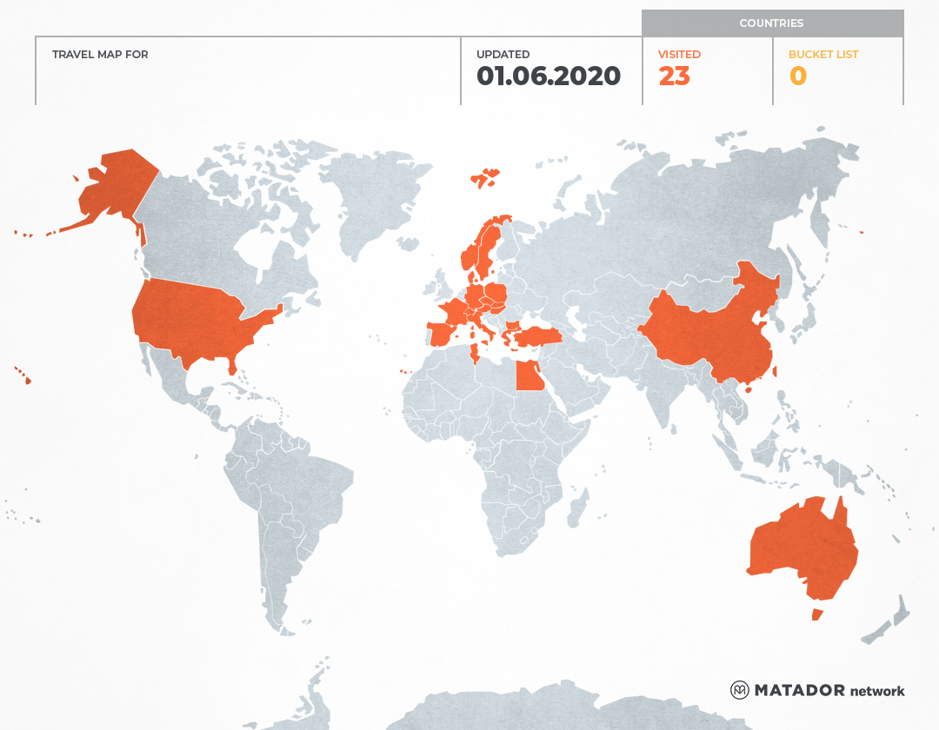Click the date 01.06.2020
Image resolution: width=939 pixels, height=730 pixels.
coord(548,76)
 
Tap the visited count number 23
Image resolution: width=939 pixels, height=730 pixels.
coord(674,76)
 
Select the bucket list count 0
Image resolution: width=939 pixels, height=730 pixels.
coord(797,76)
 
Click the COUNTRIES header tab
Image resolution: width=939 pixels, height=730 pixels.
coord(771,23)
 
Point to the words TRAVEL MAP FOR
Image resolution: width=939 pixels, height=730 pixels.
coord(100,55)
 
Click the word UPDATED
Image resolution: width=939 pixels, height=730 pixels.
coord(503,55)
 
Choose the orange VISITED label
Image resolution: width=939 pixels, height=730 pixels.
coord(679,55)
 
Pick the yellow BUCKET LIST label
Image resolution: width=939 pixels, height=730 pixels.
coord(822,55)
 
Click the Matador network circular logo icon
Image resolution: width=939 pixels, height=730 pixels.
coord(739,690)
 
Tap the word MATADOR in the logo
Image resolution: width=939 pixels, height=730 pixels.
coord(799,690)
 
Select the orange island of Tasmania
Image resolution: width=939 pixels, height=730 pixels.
coord(816,614)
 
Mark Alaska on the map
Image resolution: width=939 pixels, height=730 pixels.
coord(113,187)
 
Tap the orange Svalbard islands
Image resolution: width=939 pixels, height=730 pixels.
coord(486,177)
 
